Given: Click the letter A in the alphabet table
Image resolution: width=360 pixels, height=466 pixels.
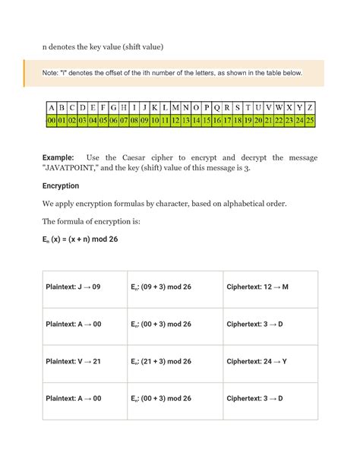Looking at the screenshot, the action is pos(51,107).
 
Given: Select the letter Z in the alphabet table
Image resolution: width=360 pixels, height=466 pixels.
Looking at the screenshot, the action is pos(310,107).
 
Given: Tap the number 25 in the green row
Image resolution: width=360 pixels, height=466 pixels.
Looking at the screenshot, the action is pos(310,120).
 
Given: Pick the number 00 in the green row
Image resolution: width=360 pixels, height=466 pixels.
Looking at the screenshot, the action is pos(51,120).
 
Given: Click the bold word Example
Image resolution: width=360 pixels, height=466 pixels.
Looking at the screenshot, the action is pos(60,157).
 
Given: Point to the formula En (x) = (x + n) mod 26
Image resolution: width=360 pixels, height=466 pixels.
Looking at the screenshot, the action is pos(79,239).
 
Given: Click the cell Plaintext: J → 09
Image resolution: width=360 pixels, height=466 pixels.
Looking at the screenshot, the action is pos(74,287).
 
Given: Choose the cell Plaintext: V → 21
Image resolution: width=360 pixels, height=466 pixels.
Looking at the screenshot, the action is pos(74,361).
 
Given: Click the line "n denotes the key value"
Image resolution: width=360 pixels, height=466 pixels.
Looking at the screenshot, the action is pos(103,47).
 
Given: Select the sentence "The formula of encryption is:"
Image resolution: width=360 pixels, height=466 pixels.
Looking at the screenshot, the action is pos(91,221).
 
